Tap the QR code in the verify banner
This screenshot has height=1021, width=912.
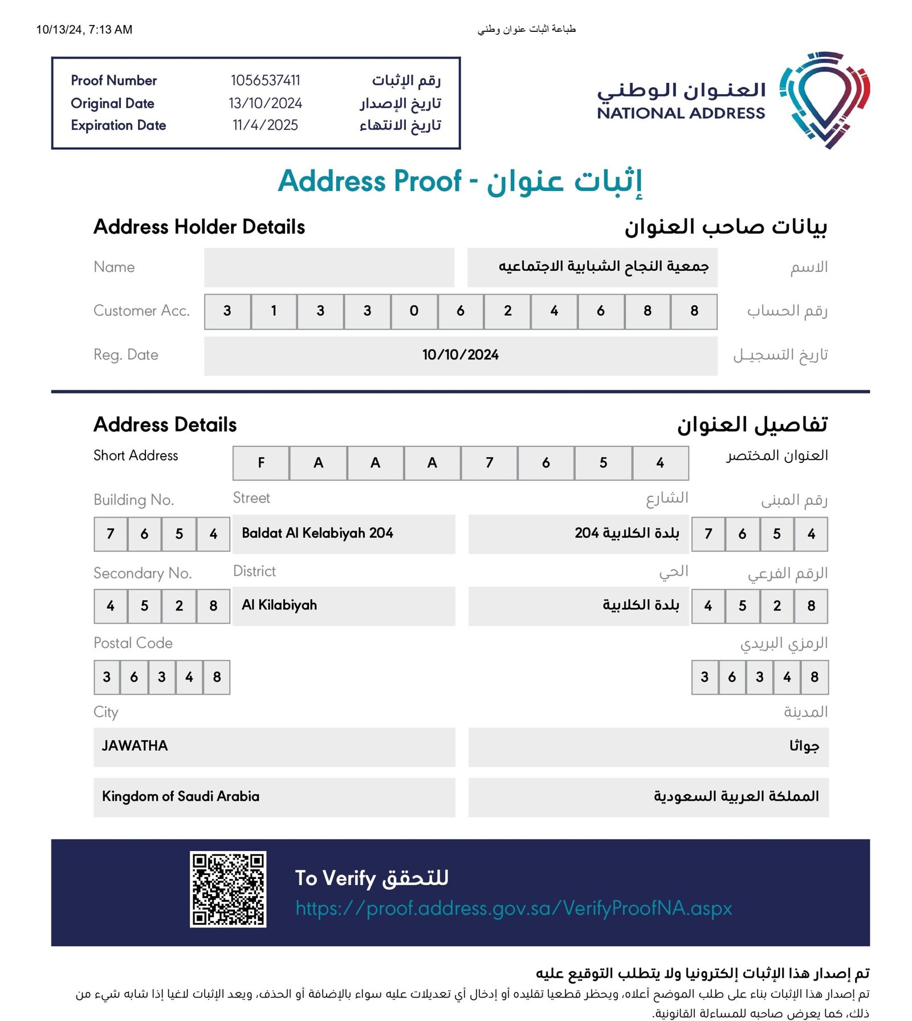[228, 889]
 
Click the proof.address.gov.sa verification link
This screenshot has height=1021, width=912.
[513, 908]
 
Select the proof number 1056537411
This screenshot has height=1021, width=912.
[265, 80]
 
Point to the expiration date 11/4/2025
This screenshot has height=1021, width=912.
[265, 125]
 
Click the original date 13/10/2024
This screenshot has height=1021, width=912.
[265, 103]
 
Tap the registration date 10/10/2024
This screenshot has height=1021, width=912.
[460, 355]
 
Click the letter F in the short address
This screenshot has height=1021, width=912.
[261, 462]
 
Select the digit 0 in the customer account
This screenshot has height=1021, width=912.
[414, 311]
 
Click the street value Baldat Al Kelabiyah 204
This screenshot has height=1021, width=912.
[317, 533]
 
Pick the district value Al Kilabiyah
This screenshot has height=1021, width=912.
[279, 605]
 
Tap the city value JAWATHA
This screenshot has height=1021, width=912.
[135, 746]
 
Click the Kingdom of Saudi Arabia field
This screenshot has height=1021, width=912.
[181, 796]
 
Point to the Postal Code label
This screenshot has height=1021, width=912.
[133, 643]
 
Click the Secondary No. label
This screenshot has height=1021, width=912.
[142, 573]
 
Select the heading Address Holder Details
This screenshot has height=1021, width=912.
[199, 227]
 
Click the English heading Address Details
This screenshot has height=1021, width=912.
[165, 425]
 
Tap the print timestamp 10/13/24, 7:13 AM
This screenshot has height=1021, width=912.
[84, 30]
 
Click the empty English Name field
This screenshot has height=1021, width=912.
[329, 267]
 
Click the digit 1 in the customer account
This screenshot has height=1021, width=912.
[274, 311]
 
